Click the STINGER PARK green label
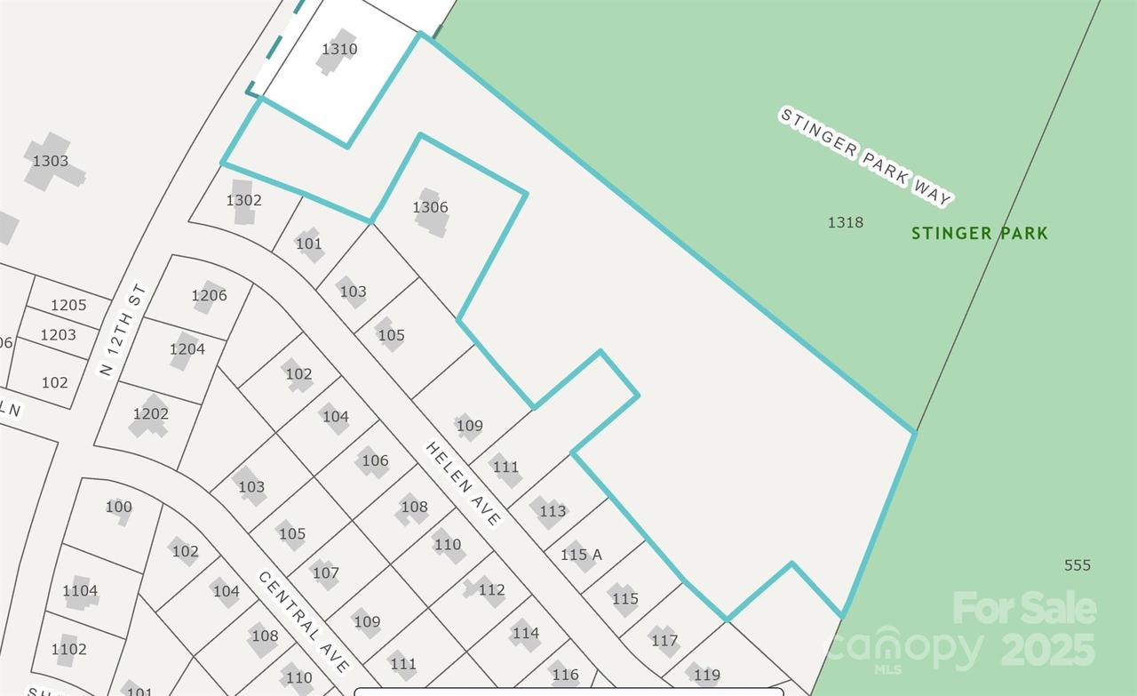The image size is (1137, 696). point(979,234)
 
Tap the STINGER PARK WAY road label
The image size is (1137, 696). point(865,156)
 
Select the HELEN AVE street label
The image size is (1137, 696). point(464,484)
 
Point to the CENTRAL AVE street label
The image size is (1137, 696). point(304,620)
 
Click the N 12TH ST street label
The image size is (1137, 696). point(122,329)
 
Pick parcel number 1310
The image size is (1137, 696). point(339,49)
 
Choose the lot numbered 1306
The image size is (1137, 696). point(430,207)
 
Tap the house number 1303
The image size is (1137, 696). point(51,161)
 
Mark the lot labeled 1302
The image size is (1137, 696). point(243,200)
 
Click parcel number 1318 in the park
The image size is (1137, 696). point(845,222)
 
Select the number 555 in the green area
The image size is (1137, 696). point(1077,564)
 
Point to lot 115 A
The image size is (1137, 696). point(581,555)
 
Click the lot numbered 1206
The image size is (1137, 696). point(209,295)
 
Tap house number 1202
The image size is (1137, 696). point(150,413)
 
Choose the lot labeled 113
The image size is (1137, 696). point(552,510)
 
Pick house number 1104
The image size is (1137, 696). point(80,590)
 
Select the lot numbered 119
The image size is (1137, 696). point(706,676)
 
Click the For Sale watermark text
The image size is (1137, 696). point(1024,609)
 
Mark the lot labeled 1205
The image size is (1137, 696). point(68,305)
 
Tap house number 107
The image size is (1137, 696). point(325,572)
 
